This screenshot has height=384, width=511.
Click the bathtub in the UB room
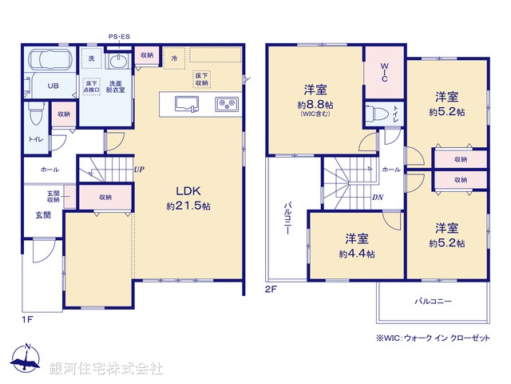pos(49,62)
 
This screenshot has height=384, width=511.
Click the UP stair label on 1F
pos(139,169)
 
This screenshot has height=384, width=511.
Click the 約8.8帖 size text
pos(314,106)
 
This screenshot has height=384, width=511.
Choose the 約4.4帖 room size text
pos(356,254)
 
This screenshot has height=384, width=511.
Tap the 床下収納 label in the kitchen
pos(201,78)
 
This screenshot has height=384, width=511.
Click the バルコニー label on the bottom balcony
pos(432,303)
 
